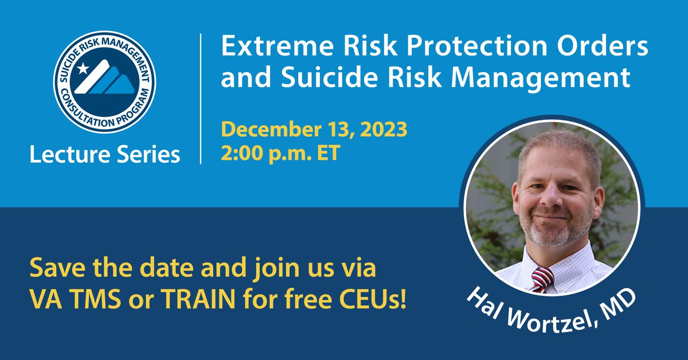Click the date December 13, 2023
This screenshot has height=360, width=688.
314,130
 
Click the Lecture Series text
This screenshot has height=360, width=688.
105,154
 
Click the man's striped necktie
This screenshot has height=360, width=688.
542,280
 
